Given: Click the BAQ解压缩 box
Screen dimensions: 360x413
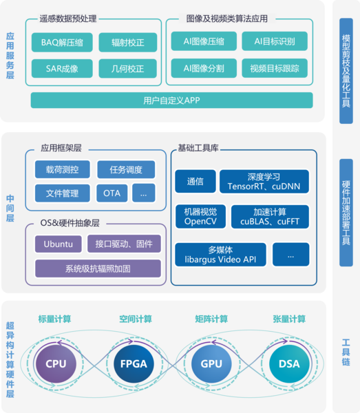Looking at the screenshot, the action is coord(62,42).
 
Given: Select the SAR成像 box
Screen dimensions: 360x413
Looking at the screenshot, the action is coord(62,68).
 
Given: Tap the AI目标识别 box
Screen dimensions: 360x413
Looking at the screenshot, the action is coord(275,41).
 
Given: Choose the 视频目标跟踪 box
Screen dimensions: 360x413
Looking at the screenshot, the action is coord(275,68).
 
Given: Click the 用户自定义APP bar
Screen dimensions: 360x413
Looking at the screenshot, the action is coord(171,100).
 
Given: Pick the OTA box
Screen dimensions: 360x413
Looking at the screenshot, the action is coord(112,193).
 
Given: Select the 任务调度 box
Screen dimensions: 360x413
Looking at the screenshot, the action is coord(126,169).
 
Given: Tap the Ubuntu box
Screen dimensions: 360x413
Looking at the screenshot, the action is coord(59,244).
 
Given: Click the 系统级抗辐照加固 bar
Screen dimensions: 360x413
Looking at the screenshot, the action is coord(98,268).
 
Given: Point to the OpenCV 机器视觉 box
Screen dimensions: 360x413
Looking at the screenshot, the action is coord(200,217).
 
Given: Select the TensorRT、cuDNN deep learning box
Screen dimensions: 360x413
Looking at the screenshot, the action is coord(264,182).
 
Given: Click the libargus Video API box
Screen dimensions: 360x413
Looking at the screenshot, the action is coord(220,255).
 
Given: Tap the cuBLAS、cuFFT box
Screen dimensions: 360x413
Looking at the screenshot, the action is coord(270,217).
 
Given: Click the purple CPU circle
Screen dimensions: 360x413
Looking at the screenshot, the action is coord(56,363).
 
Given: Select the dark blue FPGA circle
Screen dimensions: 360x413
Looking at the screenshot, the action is coord(134,363).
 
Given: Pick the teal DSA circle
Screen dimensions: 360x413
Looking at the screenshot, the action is coord(289,363).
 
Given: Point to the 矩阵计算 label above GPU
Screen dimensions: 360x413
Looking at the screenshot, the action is coord(211,319).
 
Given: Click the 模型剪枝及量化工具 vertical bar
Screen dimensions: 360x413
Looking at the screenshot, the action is coord(346,71).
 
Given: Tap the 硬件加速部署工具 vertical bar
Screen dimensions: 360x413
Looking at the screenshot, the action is coord(346,213).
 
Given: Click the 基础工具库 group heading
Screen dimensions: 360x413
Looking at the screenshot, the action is coord(198,148).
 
